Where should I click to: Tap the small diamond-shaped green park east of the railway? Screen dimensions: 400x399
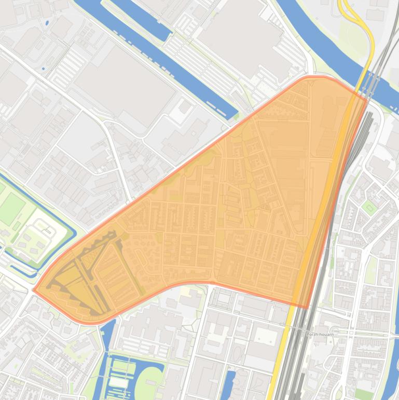point(369,208)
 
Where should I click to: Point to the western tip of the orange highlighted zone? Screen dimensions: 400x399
point(34,290)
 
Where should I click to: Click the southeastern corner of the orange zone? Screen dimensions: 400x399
point(307,307)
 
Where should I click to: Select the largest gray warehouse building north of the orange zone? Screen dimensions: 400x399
point(125,86)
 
